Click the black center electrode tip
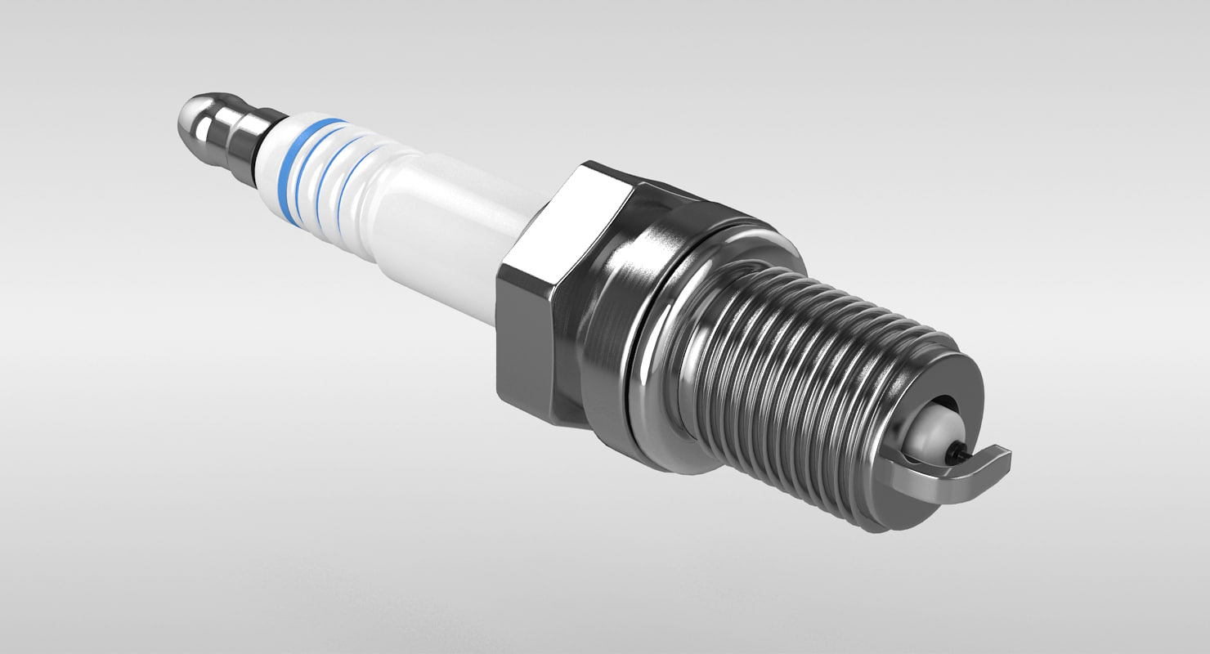point(957,449)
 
